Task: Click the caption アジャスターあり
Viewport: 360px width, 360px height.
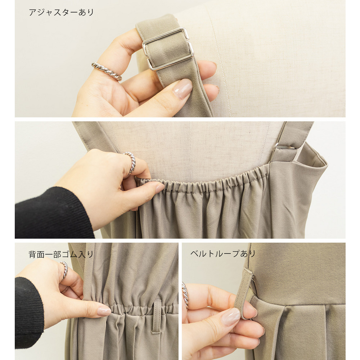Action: point(61,12)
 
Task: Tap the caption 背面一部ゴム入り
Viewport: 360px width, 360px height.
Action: point(61,255)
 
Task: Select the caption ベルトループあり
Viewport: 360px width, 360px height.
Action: point(223,254)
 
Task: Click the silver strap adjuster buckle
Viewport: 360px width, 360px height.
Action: point(168,49)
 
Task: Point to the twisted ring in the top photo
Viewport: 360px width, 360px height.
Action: point(107,71)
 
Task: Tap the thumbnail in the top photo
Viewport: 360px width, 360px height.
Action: point(183,89)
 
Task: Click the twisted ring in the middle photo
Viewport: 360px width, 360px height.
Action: point(131,163)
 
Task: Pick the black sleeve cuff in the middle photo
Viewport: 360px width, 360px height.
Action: point(53,212)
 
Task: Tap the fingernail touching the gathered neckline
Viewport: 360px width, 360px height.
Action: point(160,188)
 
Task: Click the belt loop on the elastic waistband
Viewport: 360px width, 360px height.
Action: point(157,316)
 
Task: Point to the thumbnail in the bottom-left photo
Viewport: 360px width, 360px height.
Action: point(104,311)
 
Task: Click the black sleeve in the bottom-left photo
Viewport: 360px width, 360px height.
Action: point(29,312)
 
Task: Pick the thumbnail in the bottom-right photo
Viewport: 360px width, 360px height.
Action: point(231,317)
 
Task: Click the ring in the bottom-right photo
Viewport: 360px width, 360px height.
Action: point(185,295)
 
